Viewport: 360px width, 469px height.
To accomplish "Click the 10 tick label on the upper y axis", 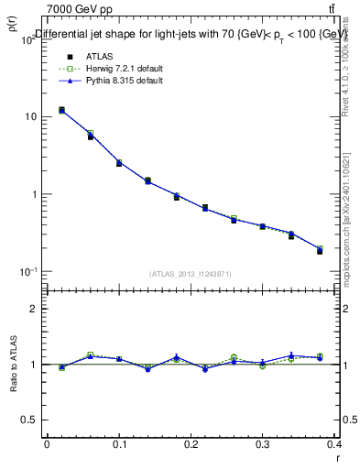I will [x=30, y=117].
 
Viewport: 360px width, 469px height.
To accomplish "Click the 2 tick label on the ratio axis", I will [x=35, y=309].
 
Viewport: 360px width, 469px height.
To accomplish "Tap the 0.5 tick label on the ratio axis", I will [x=31, y=420].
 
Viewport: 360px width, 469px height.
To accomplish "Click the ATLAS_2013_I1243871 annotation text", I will [x=191, y=274].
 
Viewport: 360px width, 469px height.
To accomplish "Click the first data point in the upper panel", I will [x=61, y=110].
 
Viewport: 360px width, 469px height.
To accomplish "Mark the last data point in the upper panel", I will [x=320, y=250].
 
